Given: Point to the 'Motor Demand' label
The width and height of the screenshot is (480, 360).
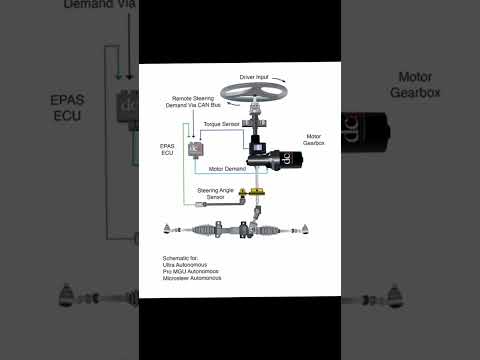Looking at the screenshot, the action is pyautogui.click(x=229, y=168).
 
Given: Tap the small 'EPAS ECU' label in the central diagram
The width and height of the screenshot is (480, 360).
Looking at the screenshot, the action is pyautogui.click(x=167, y=149).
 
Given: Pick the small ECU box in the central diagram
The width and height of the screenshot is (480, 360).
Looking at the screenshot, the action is pyautogui.click(x=197, y=150).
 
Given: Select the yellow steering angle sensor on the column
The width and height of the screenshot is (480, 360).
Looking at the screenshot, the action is pyautogui.click(x=259, y=192).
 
